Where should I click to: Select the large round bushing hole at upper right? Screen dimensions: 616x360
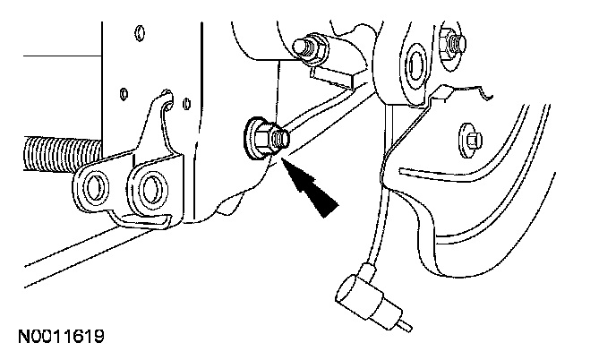(x=415, y=62)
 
